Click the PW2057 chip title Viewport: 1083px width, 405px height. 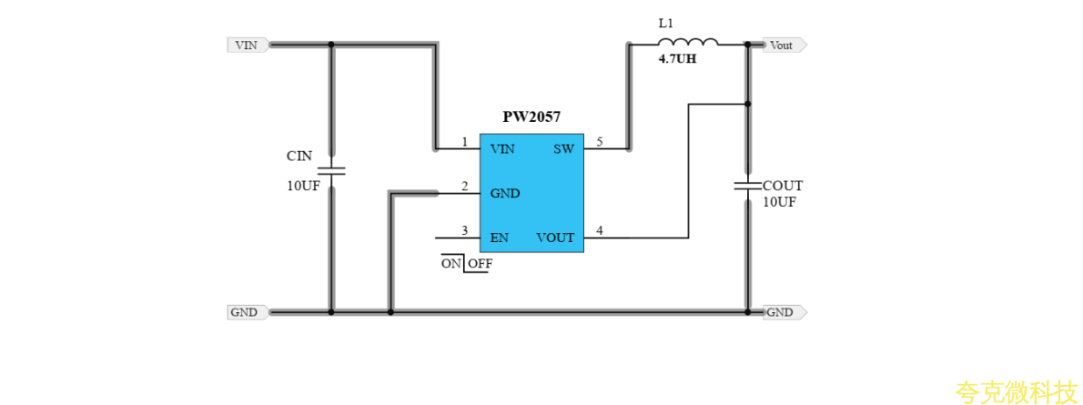pyautogui.click(x=531, y=117)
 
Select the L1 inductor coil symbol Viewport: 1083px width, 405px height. pyautogui.click(x=688, y=42)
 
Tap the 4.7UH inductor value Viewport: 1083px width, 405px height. pyautogui.click(x=677, y=61)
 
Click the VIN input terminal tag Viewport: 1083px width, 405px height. pyautogui.click(x=247, y=45)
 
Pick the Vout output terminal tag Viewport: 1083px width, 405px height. pyautogui.click(x=783, y=45)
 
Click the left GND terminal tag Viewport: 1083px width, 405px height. pyautogui.click(x=246, y=312)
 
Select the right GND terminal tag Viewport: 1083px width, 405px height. pyautogui.click(x=783, y=312)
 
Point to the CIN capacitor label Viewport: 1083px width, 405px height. pyautogui.click(x=299, y=157)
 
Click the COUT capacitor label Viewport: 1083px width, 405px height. pyautogui.click(x=783, y=186)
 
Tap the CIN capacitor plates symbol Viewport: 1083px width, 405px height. pyautogui.click(x=331, y=170)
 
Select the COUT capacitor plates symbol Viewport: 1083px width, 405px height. pyautogui.click(x=747, y=186)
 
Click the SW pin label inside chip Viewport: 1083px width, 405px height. pyautogui.click(x=563, y=148)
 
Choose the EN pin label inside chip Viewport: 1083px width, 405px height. pyautogui.click(x=499, y=238)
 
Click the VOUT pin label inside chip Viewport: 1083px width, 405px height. pyautogui.click(x=555, y=238)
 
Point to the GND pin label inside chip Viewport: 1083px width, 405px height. pyautogui.click(x=505, y=193)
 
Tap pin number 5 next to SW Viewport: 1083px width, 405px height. pyautogui.click(x=599, y=142)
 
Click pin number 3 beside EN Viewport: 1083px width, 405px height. pyautogui.click(x=464, y=231)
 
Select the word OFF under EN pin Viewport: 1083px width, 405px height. pyautogui.click(x=480, y=264)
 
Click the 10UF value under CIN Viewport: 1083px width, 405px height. pyautogui.click(x=303, y=186)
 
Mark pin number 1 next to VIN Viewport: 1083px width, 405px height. pyautogui.click(x=464, y=142)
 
